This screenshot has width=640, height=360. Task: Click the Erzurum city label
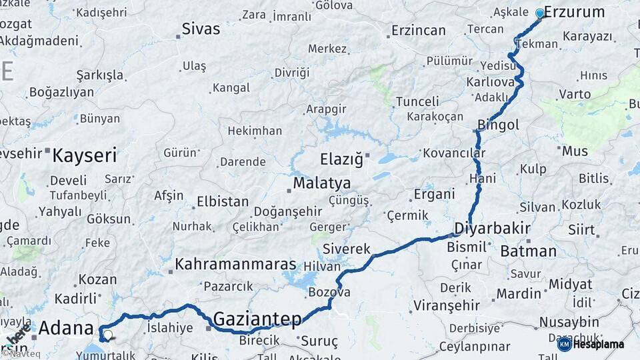pos(574,12)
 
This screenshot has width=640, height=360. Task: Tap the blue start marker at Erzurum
pos(540,13)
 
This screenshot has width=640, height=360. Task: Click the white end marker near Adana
pos(107,335)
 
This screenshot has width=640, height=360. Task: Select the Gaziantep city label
pos(257,319)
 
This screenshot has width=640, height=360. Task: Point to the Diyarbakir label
pos(492,229)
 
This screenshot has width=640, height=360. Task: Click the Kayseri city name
pos(84,156)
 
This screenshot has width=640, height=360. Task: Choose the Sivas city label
pos(201,29)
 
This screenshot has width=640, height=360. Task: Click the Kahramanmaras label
pos(235,265)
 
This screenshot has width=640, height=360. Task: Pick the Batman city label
pos(528,251)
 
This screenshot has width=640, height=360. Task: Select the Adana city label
pos(66,328)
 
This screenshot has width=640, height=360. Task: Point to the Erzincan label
pos(418,31)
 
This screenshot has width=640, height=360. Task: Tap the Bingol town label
pos(498,125)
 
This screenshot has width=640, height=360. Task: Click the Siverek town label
pos(346,249)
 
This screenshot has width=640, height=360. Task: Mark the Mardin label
pos(519,293)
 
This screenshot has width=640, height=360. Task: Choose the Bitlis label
pos(593,179)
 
